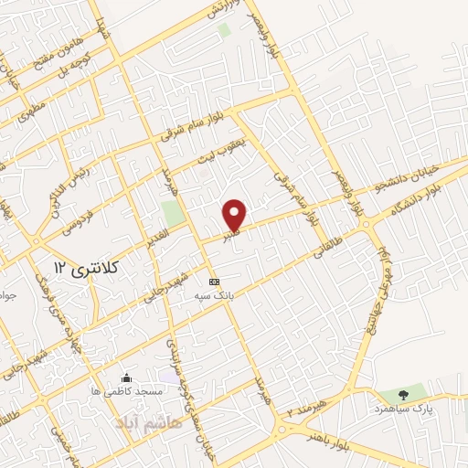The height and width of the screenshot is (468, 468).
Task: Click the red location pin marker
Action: pos(235,215)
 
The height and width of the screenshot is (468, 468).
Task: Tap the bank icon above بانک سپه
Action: pos(214,282)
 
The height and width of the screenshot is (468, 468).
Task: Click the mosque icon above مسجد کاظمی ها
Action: pos(126,378)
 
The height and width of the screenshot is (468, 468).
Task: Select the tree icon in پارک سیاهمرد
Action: pos(403,394)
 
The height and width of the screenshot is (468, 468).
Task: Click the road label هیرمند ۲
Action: pos(304,407)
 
